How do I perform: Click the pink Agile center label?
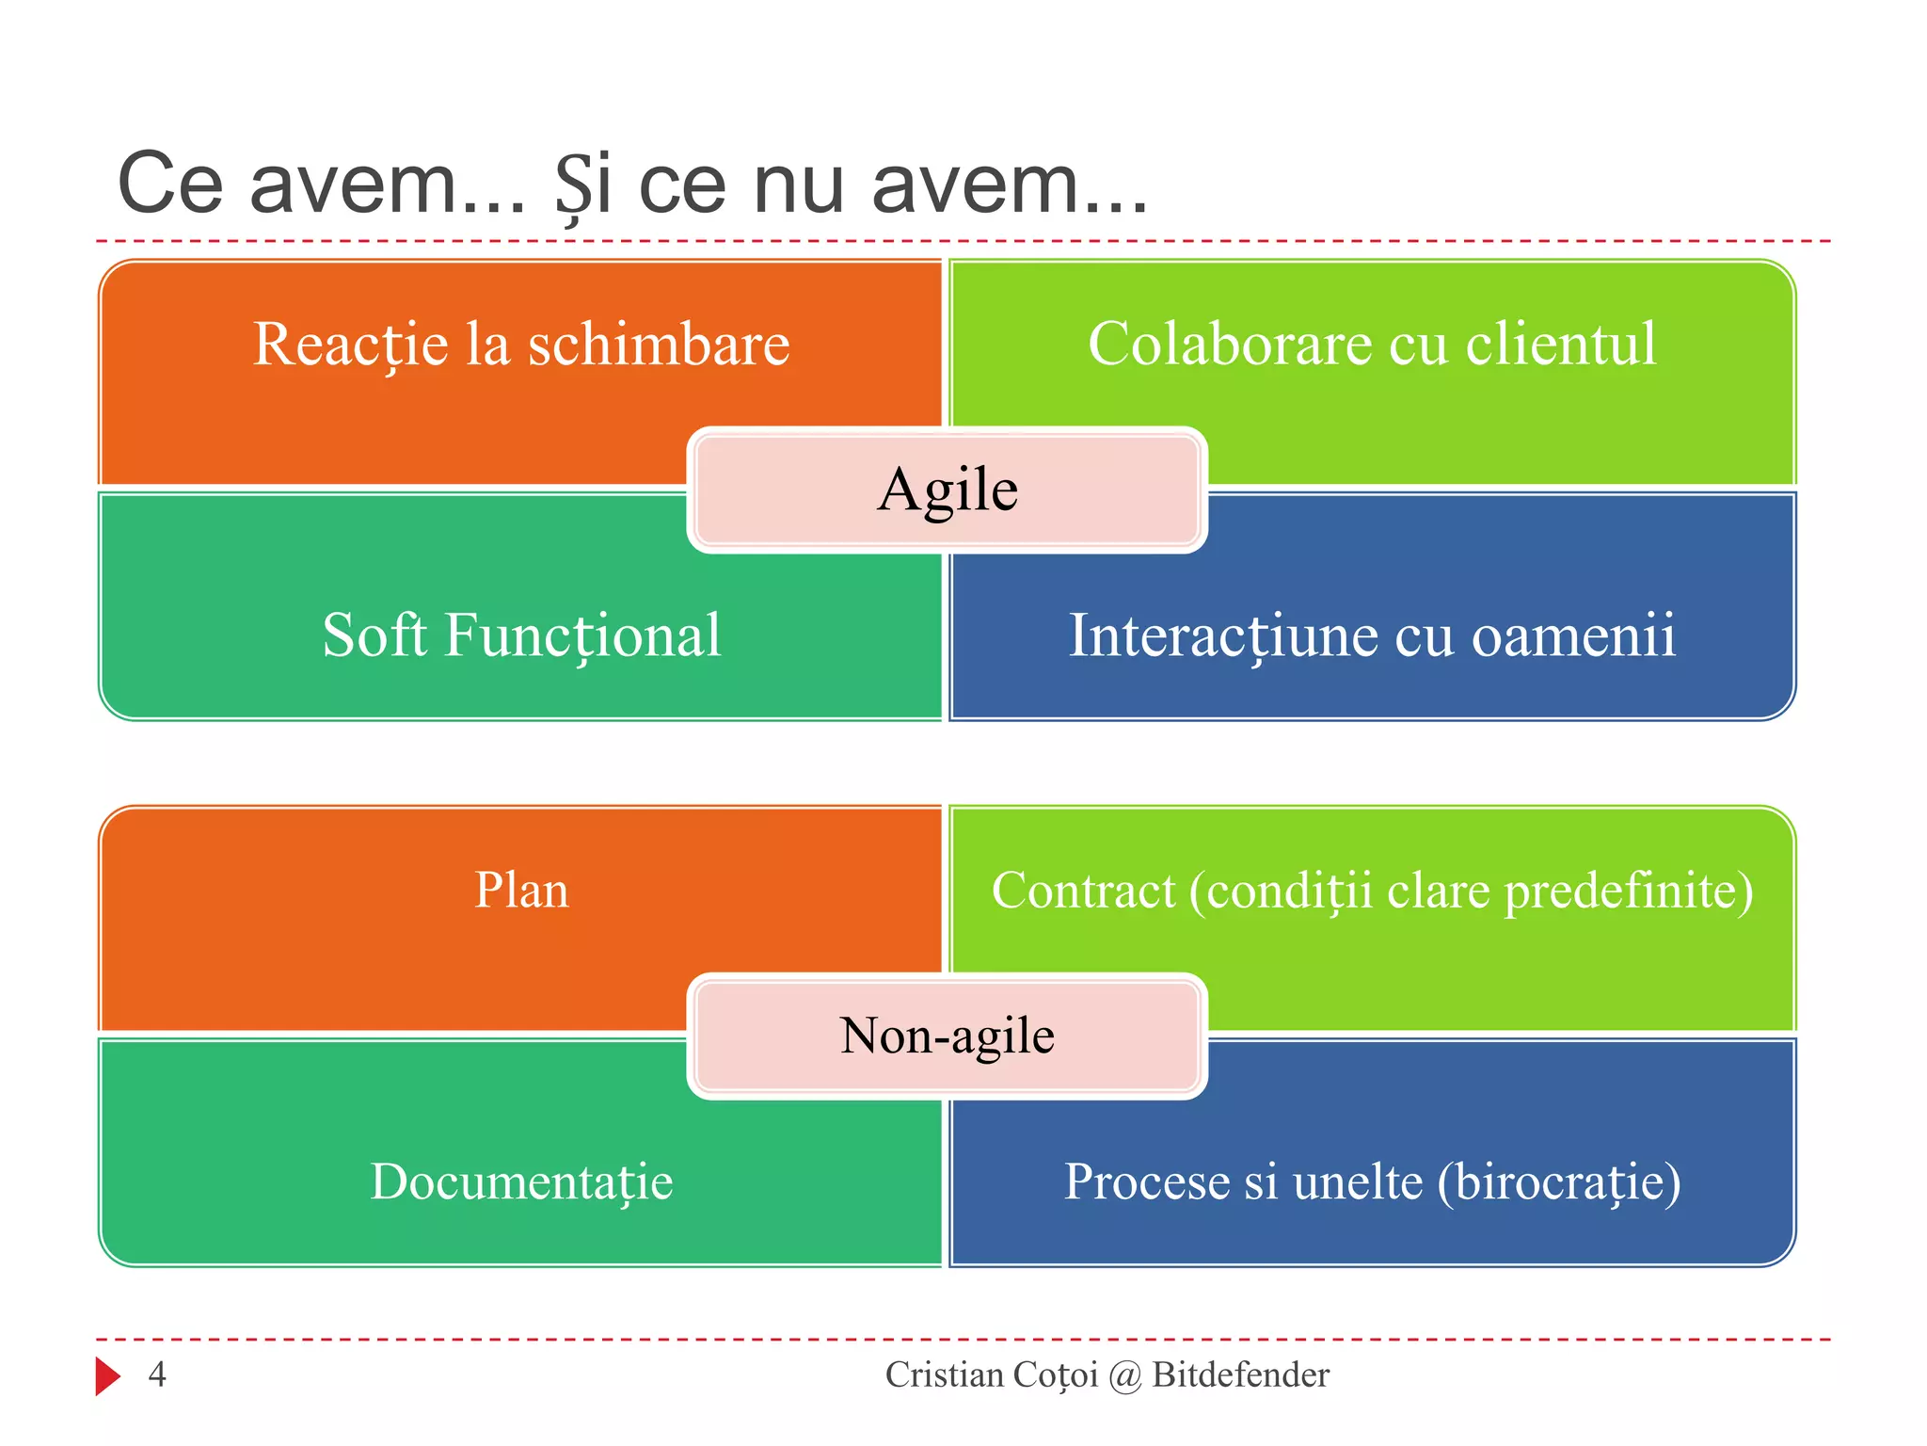947,490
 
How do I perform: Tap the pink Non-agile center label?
947,1036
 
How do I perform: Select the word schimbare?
658,345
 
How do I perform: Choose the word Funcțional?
583,636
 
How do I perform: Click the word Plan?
521,891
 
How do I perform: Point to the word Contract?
1083,891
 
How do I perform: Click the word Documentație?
521,1182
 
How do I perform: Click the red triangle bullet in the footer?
107,1376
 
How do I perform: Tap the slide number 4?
157,1374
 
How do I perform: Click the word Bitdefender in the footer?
1240,1374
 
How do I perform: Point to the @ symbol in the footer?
1124,1376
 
